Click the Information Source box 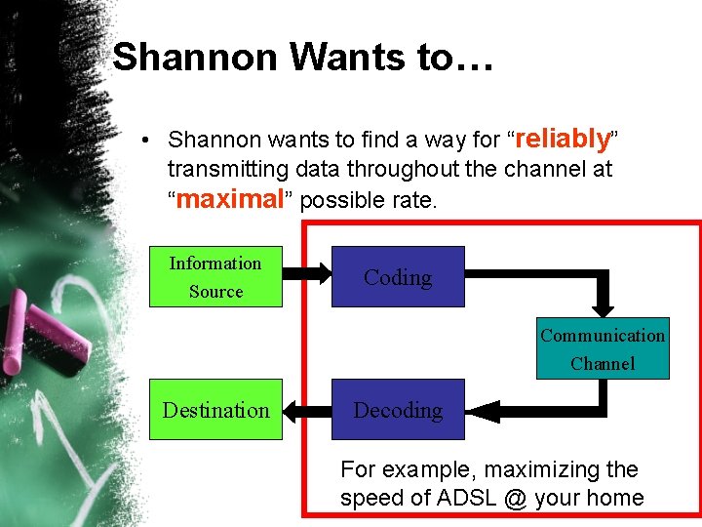[x=215, y=277]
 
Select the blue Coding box [x=398, y=277]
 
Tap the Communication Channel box [x=603, y=348]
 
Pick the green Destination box [x=215, y=410]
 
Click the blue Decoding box [x=398, y=410]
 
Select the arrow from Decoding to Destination [x=307, y=410]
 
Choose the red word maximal [x=228, y=199]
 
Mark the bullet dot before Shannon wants [x=143, y=140]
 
